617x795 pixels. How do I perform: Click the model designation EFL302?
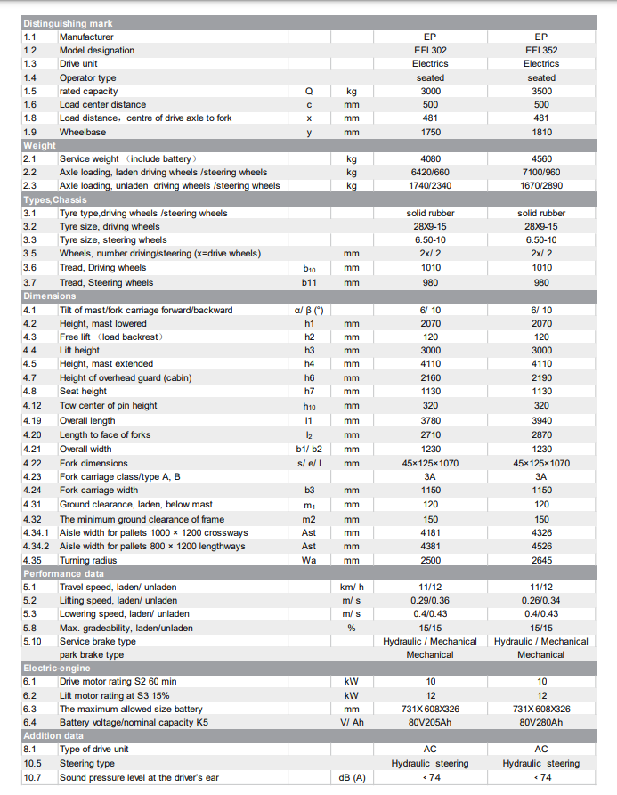point(430,51)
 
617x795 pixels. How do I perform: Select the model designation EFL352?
point(541,51)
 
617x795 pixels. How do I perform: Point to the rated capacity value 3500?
point(541,91)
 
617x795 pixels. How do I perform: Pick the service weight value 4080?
point(430,158)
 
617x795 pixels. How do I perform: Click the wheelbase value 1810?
point(541,132)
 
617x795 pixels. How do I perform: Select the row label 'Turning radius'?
point(87,560)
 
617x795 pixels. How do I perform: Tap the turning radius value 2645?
point(541,560)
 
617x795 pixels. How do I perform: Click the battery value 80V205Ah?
point(430,722)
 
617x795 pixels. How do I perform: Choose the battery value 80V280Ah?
point(541,722)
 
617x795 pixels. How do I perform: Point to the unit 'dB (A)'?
point(352,777)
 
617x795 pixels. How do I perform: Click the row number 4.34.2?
point(37,547)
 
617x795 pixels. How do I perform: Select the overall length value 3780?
point(430,420)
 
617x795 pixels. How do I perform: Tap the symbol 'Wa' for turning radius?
point(309,560)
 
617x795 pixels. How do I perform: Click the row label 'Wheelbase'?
point(82,132)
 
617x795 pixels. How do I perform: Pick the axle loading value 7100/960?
point(541,172)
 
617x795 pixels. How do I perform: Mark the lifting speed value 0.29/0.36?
point(430,601)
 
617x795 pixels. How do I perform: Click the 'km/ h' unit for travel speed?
point(352,588)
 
